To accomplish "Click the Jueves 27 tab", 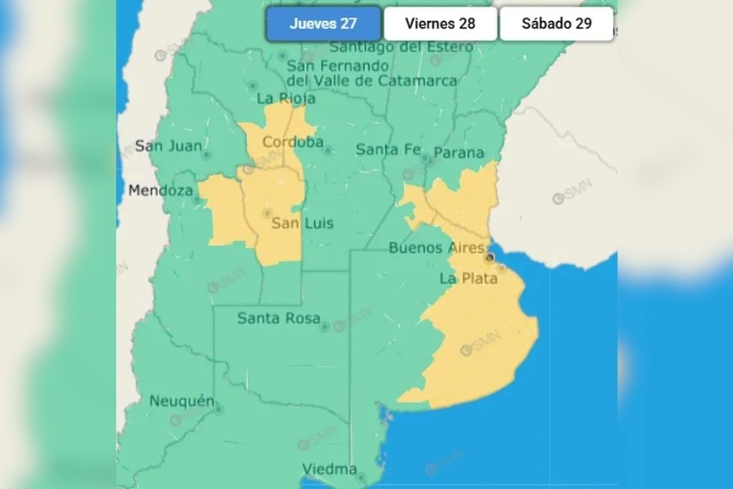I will pyautogui.click(x=324, y=24).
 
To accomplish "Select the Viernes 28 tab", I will pyautogui.click(x=440, y=24).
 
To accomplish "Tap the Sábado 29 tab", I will pyautogui.click(x=556, y=24).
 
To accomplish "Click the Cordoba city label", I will pyautogui.click(x=292, y=142).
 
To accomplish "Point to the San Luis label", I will pyautogui.click(x=302, y=223).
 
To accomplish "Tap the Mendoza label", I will pyautogui.click(x=160, y=191).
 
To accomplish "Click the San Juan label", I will pyautogui.click(x=169, y=146).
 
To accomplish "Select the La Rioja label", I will pyautogui.click(x=286, y=99).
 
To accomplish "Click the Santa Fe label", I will pyautogui.click(x=388, y=149).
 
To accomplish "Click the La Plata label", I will pyautogui.click(x=468, y=278).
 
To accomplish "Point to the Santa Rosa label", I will pyautogui.click(x=278, y=319).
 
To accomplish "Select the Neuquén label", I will pyautogui.click(x=181, y=401).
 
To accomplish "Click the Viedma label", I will pyautogui.click(x=329, y=469).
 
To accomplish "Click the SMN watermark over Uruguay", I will pyautogui.click(x=572, y=191).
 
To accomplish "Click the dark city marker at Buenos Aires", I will pyautogui.click(x=490, y=254).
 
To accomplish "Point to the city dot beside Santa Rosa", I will pyautogui.click(x=324, y=326).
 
